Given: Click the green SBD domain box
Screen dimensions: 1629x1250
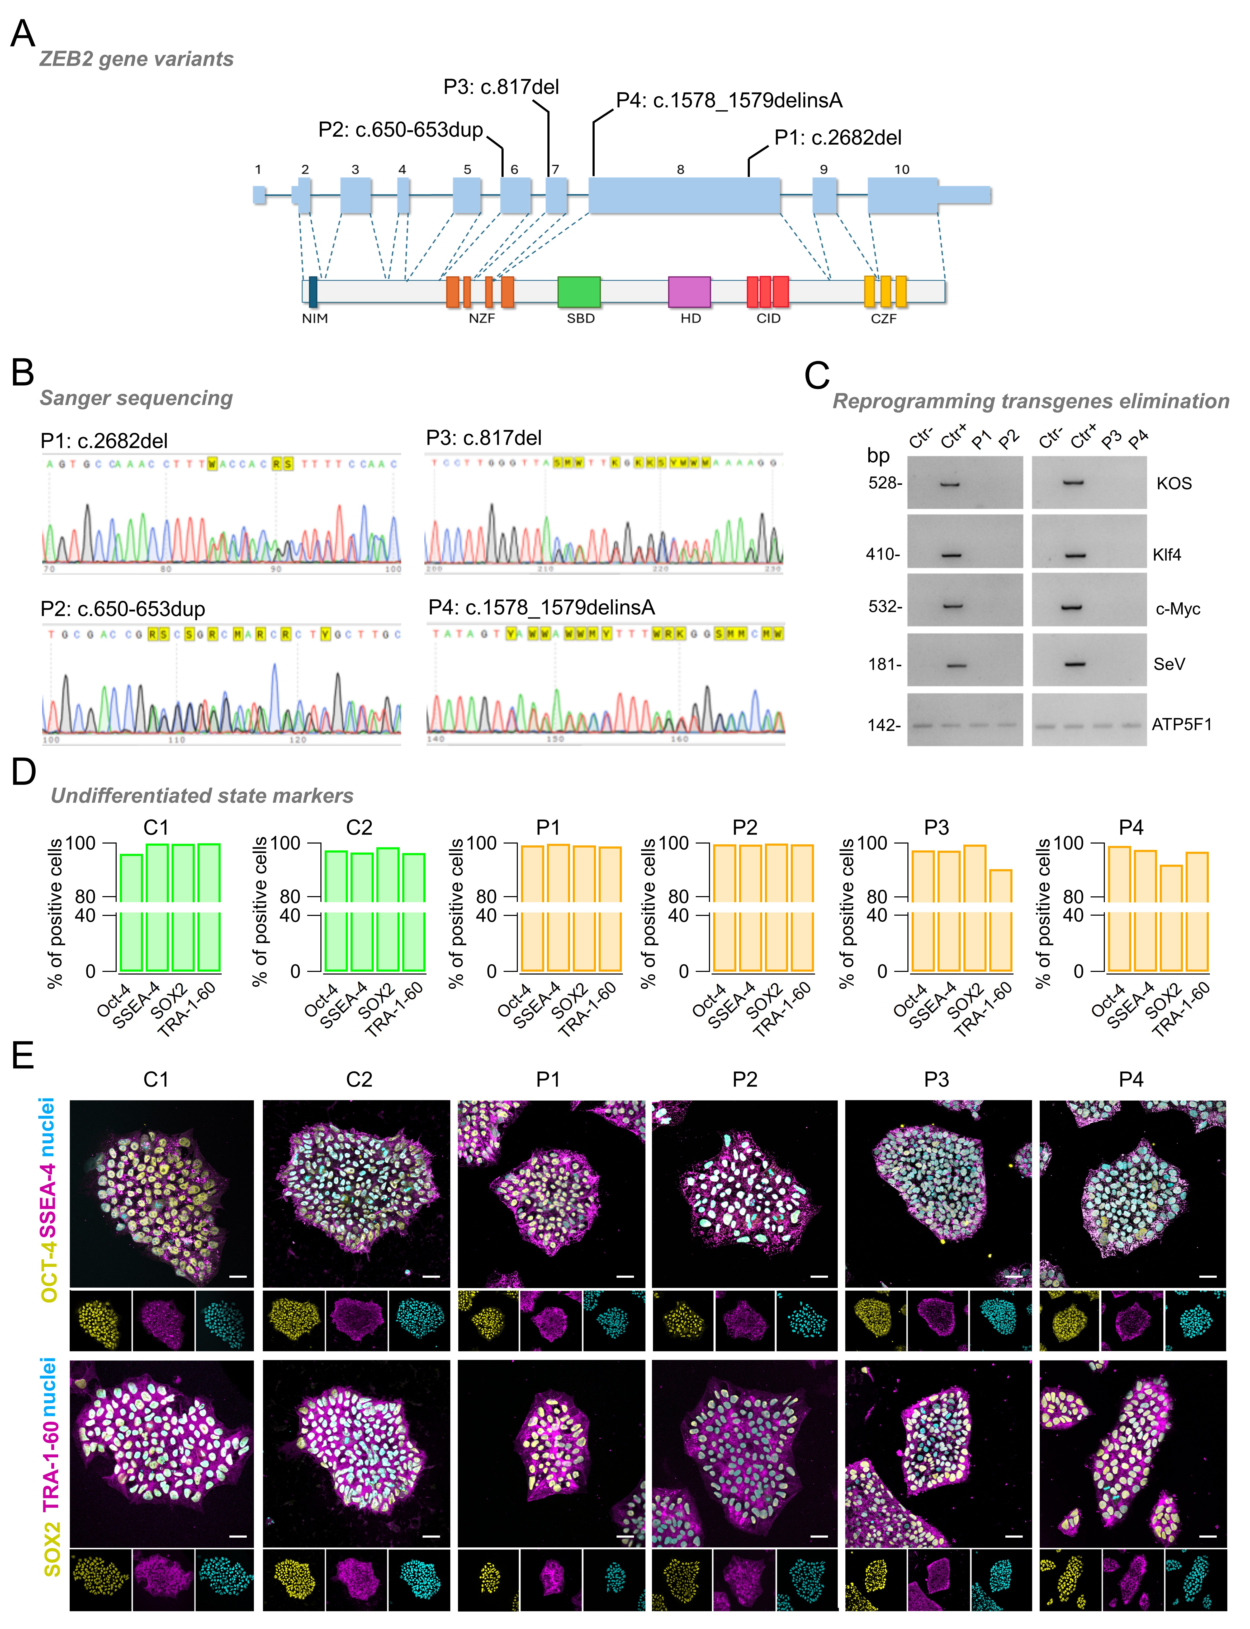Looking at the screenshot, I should [579, 292].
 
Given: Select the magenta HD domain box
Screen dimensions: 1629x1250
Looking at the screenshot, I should [689, 292].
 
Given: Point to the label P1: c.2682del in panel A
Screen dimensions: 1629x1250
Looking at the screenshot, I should [838, 138].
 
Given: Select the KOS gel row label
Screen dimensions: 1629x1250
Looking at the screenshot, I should [1173, 483].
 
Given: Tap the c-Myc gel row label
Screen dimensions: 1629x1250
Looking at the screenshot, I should [1177, 609].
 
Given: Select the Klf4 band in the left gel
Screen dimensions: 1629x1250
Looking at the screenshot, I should [951, 555].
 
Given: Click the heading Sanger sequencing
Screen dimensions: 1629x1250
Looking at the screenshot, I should [136, 398].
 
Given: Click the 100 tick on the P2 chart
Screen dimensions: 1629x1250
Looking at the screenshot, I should [673, 844].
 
